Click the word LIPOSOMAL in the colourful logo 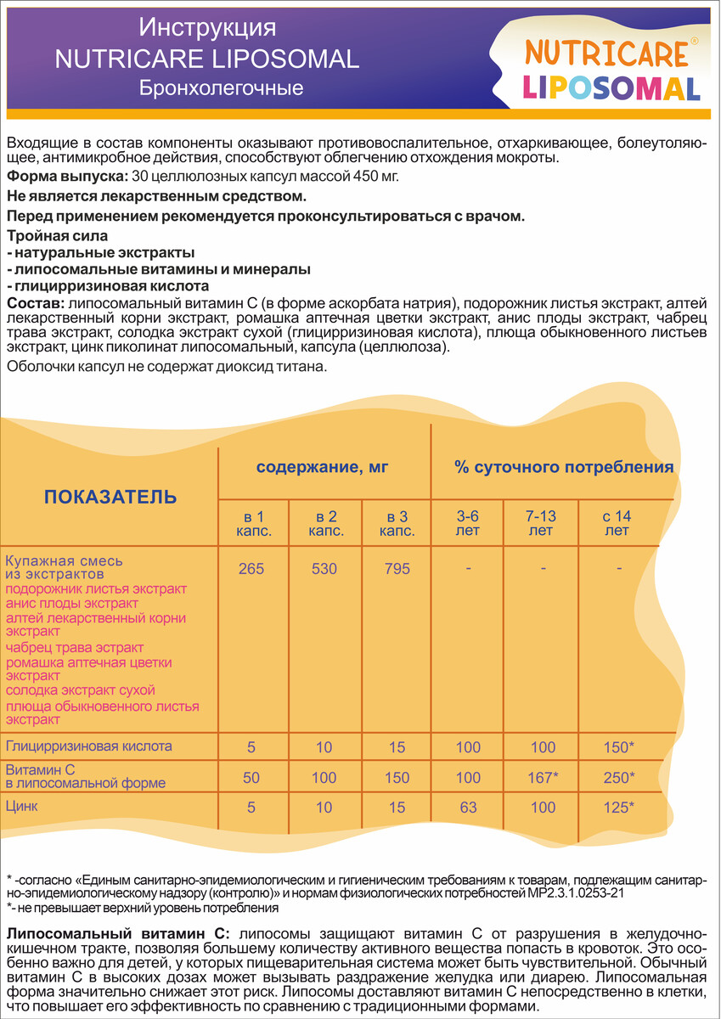click(611, 87)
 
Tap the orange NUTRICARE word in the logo click(606, 53)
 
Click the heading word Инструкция click(207, 28)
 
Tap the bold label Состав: click(34, 303)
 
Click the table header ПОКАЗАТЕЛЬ click(110, 497)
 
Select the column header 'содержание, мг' click(324, 466)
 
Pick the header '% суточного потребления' click(564, 466)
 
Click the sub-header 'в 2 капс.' click(324, 524)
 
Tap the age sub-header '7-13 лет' click(541, 524)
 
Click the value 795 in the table click(396, 568)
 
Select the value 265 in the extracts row click(251, 568)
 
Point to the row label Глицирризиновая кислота click(89, 746)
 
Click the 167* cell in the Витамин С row click(541, 777)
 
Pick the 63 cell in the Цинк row click(469, 807)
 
